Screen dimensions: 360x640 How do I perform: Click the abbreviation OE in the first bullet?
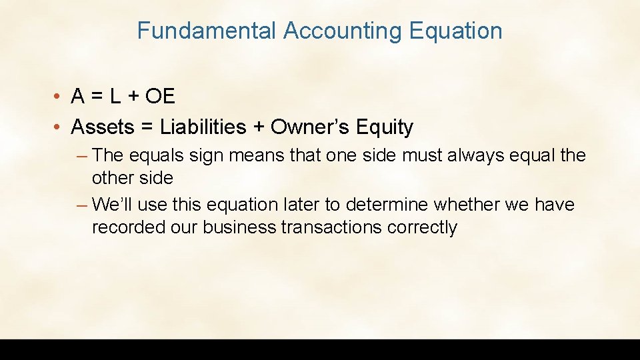pos(160,97)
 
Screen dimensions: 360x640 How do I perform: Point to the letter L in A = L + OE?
pos(115,97)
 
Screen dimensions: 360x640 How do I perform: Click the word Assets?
pos(103,127)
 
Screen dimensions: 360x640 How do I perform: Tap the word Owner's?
pos(307,127)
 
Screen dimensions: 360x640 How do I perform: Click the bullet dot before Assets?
pos(59,127)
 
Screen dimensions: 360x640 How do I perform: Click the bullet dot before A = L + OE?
pos(59,97)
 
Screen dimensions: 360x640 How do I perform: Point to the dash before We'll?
pos(81,205)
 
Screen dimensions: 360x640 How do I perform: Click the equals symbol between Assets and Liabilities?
pos(147,127)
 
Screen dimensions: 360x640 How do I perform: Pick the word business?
pos(239,227)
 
